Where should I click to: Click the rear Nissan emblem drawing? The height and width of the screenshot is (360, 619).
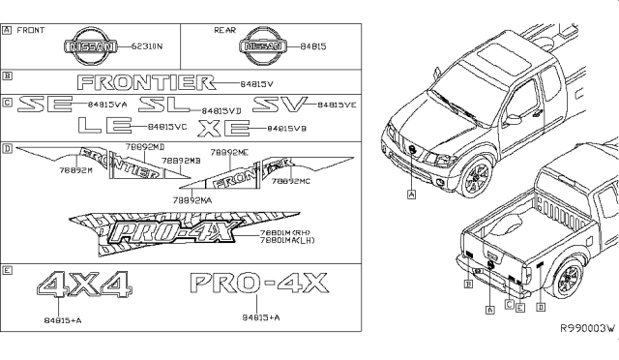point(264,45)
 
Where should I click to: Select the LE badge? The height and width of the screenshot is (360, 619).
point(103,126)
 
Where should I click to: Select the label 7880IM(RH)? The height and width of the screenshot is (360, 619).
point(286,232)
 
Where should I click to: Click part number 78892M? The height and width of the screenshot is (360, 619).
point(75,170)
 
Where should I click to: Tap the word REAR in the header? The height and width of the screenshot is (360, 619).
point(224,31)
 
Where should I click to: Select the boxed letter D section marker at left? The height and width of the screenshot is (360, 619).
point(8,149)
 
